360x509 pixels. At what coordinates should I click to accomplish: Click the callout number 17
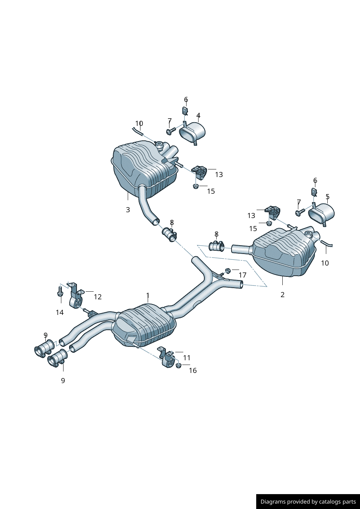pyautogui.click(x=242, y=275)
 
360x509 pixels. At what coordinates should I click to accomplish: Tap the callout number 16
pyautogui.click(x=193, y=371)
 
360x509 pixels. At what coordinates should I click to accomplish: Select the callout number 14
pyautogui.click(x=60, y=312)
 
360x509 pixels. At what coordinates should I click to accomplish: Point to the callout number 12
pyautogui.click(x=98, y=297)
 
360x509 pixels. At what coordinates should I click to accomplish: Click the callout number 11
pyautogui.click(x=187, y=358)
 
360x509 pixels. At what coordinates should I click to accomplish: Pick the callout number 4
pyautogui.click(x=199, y=115)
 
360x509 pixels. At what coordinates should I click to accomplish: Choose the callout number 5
pyautogui.click(x=327, y=196)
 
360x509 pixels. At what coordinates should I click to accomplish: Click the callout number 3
pyautogui.click(x=128, y=210)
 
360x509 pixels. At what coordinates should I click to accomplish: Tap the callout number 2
pyautogui.click(x=282, y=295)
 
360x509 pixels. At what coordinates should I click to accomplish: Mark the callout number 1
pyautogui.click(x=148, y=295)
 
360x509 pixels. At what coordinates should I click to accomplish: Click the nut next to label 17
pyautogui.click(x=228, y=270)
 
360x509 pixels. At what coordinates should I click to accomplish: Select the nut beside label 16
pyautogui.click(x=179, y=366)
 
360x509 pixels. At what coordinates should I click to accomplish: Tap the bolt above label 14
pyautogui.click(x=60, y=291)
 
